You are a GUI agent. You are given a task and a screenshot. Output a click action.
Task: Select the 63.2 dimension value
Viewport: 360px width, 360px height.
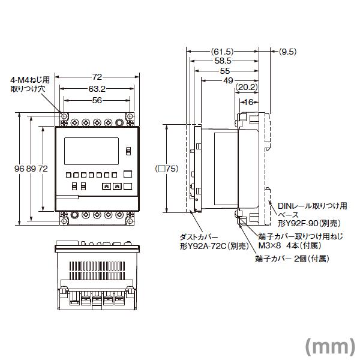point(98,89)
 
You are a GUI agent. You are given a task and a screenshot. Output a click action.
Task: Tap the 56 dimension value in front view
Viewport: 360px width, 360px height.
point(97,101)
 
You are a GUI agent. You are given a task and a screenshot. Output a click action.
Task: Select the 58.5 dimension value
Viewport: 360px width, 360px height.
point(223,61)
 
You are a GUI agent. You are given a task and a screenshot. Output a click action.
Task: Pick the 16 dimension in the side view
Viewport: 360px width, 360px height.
point(248,102)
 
